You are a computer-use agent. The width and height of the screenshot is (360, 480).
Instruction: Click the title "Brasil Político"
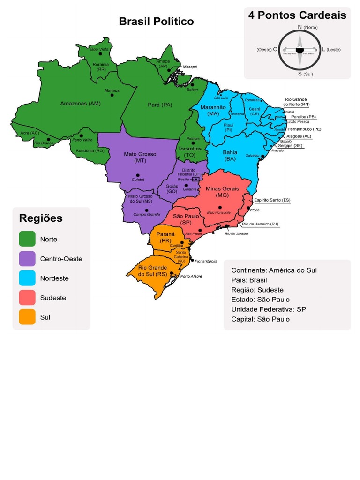coord(156,22)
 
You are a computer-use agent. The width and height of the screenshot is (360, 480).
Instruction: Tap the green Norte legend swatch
coord(27,239)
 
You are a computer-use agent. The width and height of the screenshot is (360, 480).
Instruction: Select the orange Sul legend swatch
coord(27,317)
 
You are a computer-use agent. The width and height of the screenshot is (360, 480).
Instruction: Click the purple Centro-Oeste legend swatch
coord(27,259)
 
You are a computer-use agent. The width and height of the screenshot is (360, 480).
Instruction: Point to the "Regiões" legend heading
coord(41,218)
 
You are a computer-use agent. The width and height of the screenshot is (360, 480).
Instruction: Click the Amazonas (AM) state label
coord(80,103)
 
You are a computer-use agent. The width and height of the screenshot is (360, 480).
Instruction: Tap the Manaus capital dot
coord(112,95)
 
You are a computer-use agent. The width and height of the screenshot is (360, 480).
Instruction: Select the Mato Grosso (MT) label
coord(140,157)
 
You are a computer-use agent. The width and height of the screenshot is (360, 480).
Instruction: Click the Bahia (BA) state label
coord(230,155)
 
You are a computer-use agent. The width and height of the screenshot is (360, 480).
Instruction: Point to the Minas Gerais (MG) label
coord(222,191)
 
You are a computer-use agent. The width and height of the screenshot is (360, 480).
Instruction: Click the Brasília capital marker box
coord(196,179)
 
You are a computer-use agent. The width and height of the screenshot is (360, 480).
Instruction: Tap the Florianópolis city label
coord(206,261)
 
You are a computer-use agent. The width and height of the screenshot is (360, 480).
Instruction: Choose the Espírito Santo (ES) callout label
coord(272,200)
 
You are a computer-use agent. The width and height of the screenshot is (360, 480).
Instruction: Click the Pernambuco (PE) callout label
coord(304,129)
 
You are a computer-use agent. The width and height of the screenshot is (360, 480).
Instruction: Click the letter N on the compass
coord(300,27)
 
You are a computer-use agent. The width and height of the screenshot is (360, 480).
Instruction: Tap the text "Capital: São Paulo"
coord(261,319)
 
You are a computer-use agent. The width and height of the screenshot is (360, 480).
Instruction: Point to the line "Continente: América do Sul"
coord(274,270)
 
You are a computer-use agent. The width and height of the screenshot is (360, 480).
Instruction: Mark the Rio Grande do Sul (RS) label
coord(152,270)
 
